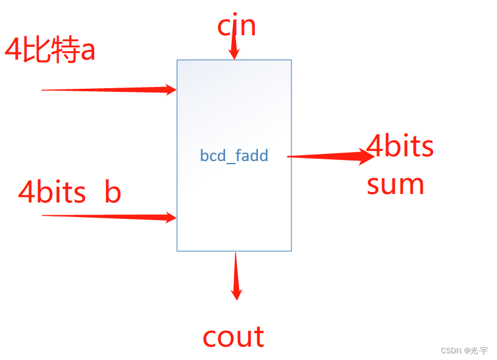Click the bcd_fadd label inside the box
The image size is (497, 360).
(x=234, y=156)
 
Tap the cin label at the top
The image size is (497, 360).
(x=237, y=26)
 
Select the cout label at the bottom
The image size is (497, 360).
(x=234, y=336)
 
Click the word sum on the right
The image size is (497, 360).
(x=395, y=184)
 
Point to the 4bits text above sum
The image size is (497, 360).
(x=400, y=147)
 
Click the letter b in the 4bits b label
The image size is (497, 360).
(x=113, y=192)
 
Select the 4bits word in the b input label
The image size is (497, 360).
(x=52, y=193)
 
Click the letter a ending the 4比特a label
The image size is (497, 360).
(x=88, y=51)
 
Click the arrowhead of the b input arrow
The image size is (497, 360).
(x=170, y=217)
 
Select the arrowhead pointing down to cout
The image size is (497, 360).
(x=236, y=292)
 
